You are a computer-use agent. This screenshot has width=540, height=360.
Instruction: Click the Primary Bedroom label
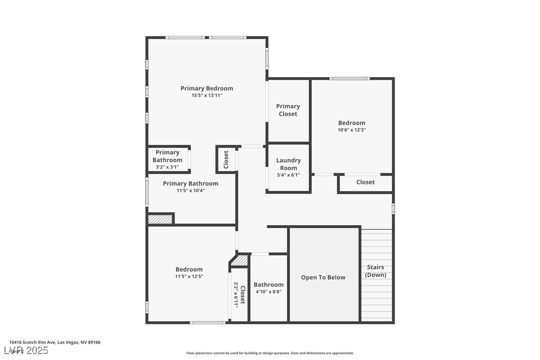tap(206, 89)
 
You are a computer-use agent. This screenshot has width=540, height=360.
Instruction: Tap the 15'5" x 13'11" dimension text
tap(206, 95)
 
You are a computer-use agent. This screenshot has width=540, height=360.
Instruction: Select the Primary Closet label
tap(288, 110)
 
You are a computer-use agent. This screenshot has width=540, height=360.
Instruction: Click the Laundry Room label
tap(288, 164)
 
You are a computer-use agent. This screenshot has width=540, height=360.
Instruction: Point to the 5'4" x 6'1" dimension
tap(288, 175)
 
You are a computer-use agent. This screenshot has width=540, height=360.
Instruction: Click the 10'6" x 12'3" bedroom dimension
tap(352, 130)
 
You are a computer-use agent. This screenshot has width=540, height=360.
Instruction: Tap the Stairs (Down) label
tap(375, 271)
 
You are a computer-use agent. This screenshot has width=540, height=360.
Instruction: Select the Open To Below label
tap(323, 277)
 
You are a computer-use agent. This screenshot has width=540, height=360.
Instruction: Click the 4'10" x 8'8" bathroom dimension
tap(269, 292)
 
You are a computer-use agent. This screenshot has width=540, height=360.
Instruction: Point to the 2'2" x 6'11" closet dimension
tap(236, 294)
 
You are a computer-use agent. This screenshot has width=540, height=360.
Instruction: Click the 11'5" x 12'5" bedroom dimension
tap(189, 276)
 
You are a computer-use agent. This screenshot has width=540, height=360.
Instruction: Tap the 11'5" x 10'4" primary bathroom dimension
tap(190, 190)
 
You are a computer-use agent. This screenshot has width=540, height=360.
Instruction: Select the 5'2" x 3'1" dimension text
tap(167, 167)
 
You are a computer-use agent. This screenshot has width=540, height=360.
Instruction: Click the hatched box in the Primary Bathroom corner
tap(160, 219)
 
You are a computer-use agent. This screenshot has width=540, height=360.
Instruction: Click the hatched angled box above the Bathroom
tap(240, 261)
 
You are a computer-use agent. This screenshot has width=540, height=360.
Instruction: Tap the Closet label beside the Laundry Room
tap(226, 159)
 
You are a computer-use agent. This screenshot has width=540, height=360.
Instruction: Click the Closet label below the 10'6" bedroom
tap(365, 182)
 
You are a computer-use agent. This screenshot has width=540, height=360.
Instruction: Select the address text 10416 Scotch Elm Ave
tap(55, 342)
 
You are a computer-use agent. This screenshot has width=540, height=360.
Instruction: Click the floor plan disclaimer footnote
tap(270, 353)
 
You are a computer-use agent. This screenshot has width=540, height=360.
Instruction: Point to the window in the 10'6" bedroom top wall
tap(350, 78)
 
